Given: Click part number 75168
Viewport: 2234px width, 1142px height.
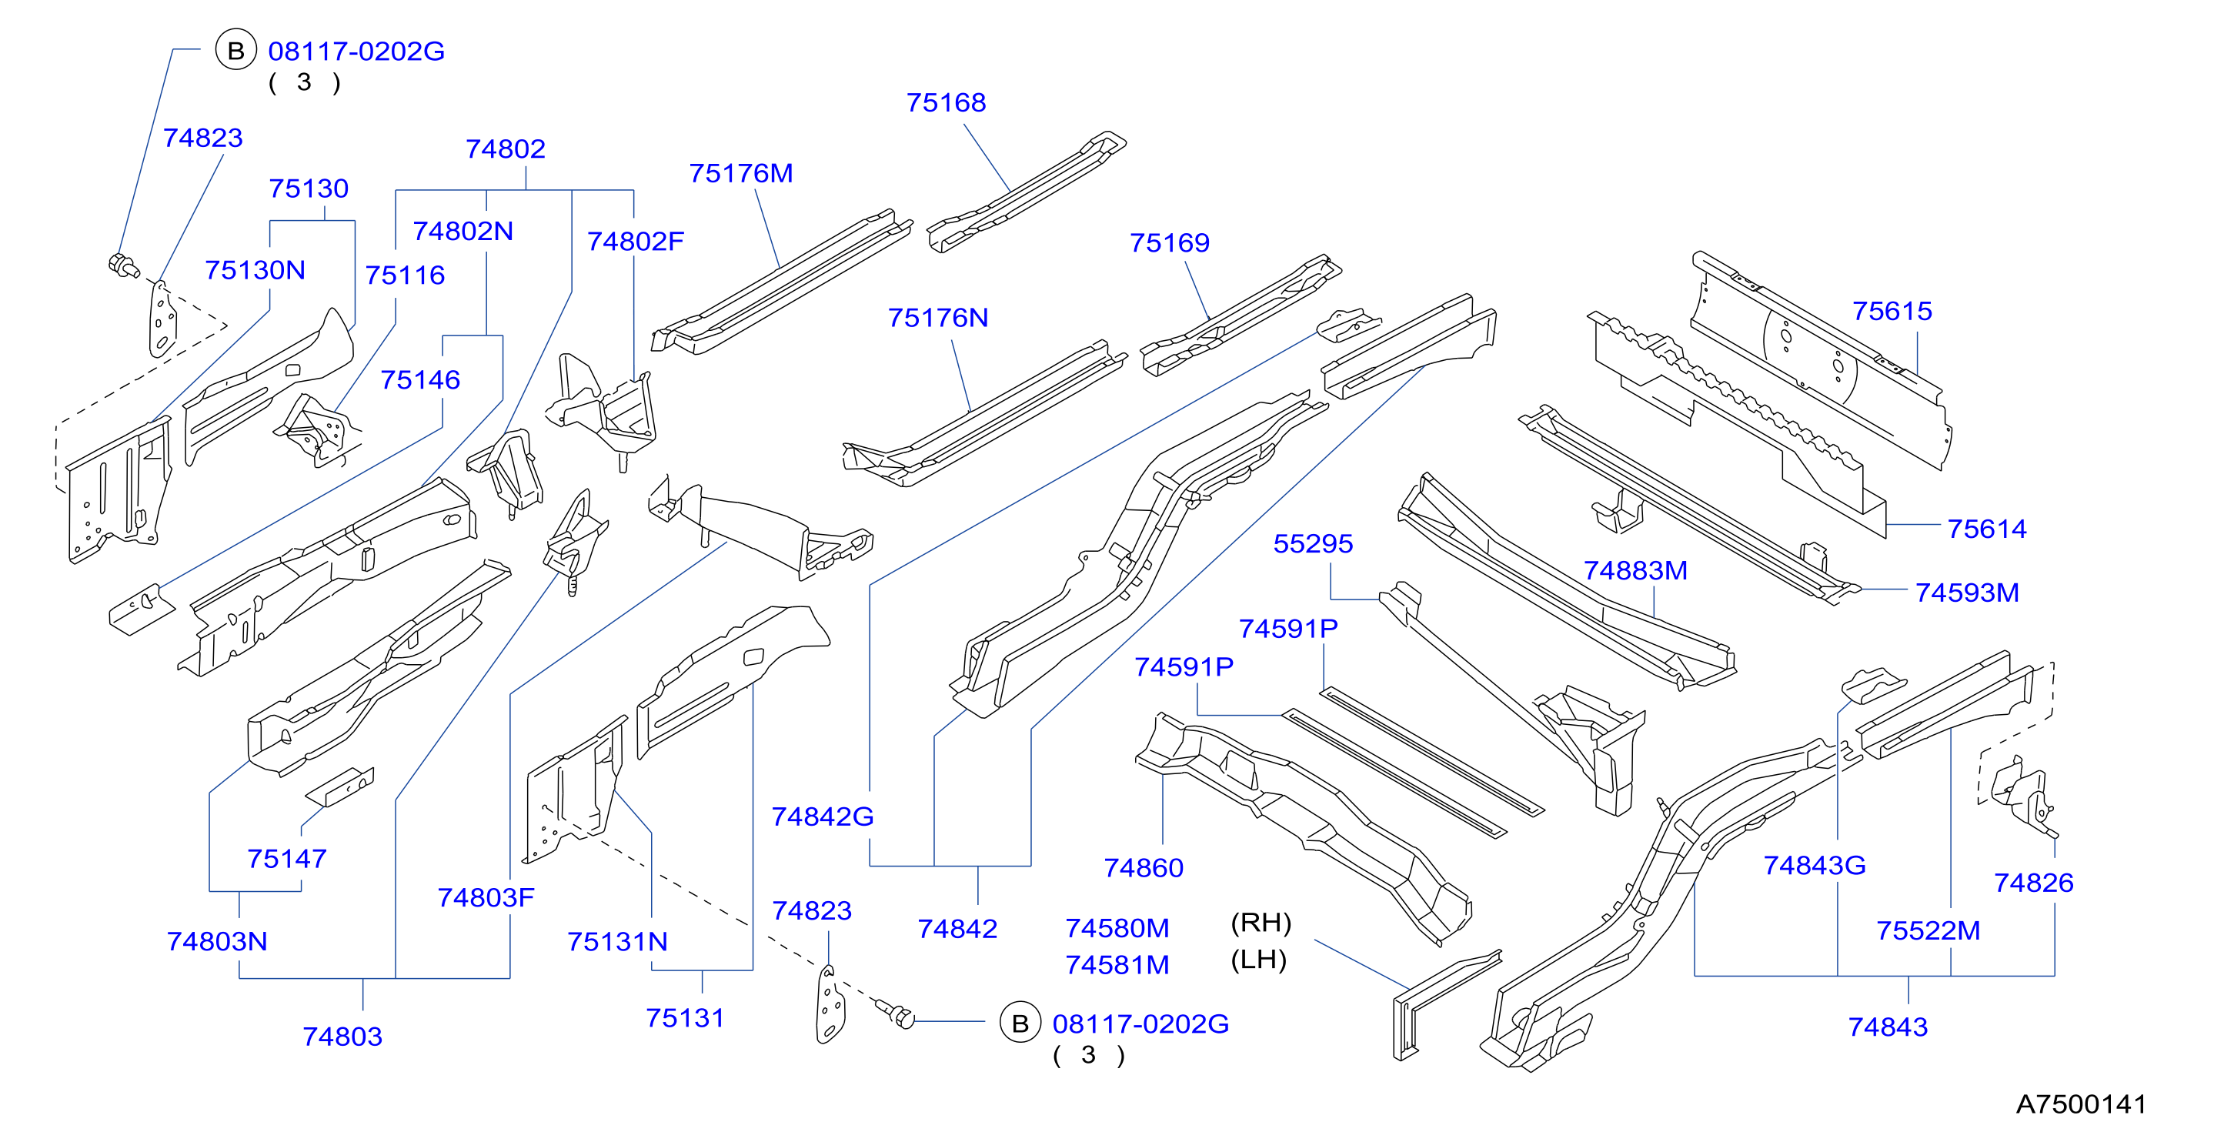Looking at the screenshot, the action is click(x=946, y=103).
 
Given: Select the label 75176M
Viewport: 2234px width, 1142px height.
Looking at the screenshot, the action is click(x=740, y=173).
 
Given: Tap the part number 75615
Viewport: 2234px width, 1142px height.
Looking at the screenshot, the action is click(x=1892, y=312).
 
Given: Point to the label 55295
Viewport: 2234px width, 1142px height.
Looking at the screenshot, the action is click(x=1313, y=544).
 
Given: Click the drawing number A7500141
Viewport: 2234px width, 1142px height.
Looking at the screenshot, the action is click(x=2082, y=1104).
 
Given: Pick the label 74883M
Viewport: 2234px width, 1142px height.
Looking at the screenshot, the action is click(x=1635, y=570).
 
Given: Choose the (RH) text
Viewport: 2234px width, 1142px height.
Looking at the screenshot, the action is click(x=1261, y=923).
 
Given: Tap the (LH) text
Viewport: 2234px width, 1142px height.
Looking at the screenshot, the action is click(x=1258, y=960).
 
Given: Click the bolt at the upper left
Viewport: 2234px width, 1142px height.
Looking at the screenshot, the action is click(x=123, y=265).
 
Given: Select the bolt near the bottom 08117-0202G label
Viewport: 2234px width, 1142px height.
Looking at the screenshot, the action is click(x=895, y=1013).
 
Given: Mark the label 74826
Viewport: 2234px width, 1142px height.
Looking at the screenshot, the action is click(x=2034, y=883).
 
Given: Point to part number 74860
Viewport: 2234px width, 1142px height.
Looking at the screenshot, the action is click(x=1143, y=868).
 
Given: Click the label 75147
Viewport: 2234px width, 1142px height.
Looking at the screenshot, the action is click(x=287, y=860).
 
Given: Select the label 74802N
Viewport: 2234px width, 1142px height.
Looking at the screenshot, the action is click(x=463, y=232).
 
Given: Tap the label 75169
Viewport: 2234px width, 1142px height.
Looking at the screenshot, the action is click(x=1169, y=243).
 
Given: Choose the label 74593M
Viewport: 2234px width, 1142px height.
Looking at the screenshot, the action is click(x=1967, y=593).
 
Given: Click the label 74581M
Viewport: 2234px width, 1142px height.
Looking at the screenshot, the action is click(x=1117, y=965).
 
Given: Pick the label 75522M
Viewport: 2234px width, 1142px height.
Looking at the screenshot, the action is click(x=1928, y=931).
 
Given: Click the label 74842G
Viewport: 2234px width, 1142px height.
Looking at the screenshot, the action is click(x=822, y=816).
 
